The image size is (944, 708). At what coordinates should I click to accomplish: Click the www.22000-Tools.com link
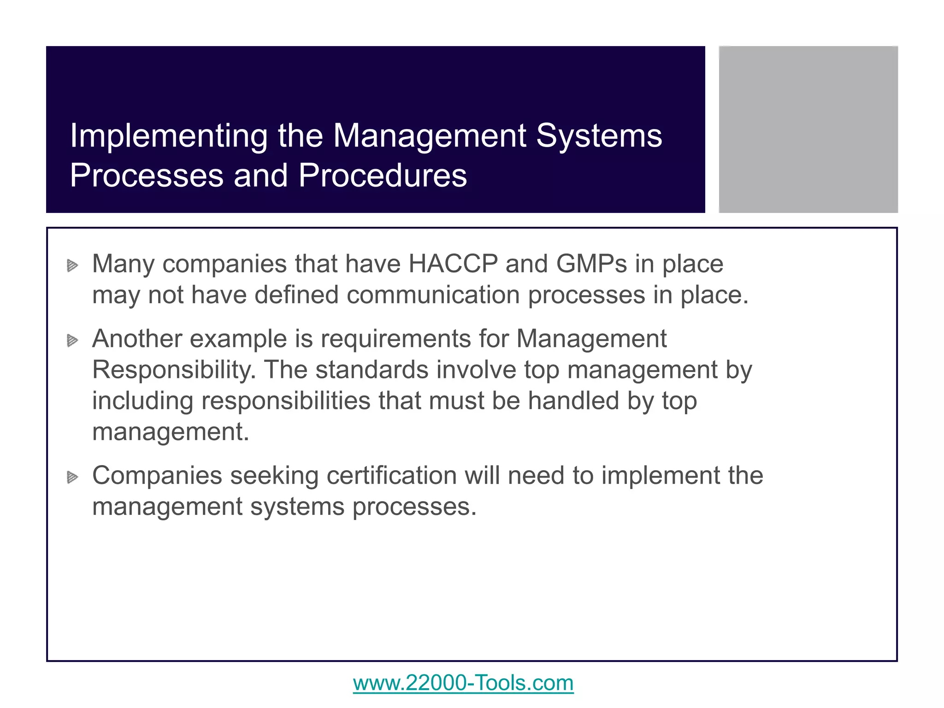463,683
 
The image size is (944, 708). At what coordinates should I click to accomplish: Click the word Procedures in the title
383,176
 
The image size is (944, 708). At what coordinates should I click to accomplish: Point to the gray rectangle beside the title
808,129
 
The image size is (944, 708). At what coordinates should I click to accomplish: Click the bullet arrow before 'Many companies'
72,265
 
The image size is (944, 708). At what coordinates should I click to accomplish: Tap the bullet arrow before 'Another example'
72,341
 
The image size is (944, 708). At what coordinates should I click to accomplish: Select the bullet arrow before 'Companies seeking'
72,477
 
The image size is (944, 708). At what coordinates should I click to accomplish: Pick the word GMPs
591,264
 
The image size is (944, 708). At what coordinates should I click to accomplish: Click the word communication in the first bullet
433,295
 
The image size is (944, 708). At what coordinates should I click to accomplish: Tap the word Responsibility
174,370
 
